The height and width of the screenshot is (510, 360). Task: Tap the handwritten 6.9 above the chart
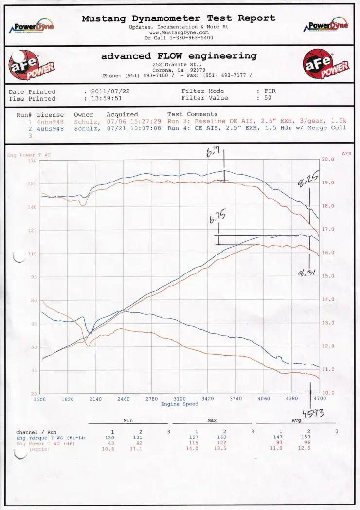point(213,154)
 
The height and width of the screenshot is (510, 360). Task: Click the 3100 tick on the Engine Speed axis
point(179,399)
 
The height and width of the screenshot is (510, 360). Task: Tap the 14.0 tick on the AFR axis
point(329,299)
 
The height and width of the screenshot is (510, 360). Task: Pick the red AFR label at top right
point(346,153)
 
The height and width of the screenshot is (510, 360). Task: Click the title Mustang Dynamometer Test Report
point(179,18)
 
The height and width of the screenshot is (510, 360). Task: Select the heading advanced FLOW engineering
point(179,56)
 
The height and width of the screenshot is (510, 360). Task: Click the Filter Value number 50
point(268,98)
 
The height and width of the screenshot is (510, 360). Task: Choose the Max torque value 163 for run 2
point(224,437)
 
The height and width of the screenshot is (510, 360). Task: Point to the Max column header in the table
point(212,420)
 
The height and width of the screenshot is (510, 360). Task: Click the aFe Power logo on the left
point(32,66)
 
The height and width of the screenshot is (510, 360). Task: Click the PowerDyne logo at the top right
point(328,25)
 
